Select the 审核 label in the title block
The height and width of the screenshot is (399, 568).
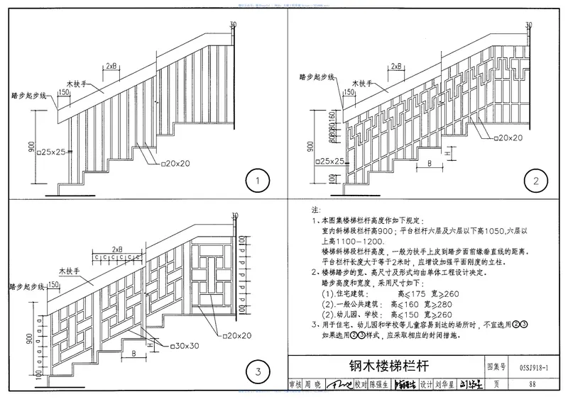(295, 385)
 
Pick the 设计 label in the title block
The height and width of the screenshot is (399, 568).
(426, 385)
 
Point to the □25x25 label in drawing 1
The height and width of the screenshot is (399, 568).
(53, 152)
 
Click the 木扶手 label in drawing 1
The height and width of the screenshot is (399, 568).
(92, 83)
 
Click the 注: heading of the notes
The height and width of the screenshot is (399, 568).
(317, 210)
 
